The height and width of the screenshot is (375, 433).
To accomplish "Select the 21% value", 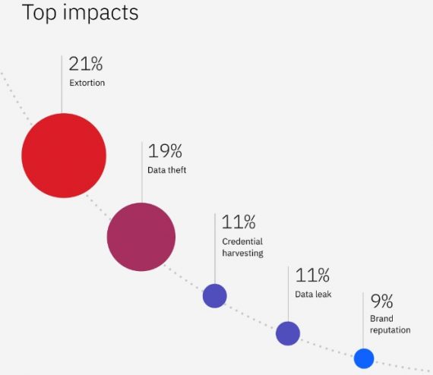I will tap(85, 65).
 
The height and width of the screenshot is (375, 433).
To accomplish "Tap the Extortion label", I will tap(87, 83).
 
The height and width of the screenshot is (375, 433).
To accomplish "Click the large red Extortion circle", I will tap(64, 156).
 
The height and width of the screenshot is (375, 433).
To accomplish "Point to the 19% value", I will tap(165, 151).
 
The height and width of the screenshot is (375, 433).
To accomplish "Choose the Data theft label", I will tap(166, 170).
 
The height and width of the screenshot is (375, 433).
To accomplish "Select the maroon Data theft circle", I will tap(141, 237).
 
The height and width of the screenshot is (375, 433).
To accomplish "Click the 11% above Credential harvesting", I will tap(239, 222).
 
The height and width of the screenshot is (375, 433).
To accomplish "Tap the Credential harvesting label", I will tap(242, 247).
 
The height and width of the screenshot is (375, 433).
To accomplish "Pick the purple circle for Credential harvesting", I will tap(215, 295).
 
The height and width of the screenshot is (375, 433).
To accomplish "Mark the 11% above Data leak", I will tap(312, 275).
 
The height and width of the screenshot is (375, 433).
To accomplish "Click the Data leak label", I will tap(313, 294).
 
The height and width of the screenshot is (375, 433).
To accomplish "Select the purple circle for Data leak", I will tap(288, 333).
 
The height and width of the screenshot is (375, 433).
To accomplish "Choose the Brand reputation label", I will tap(390, 324).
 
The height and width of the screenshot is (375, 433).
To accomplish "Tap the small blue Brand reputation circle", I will tap(364, 358).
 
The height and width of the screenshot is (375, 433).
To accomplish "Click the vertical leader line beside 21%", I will tap(62, 84).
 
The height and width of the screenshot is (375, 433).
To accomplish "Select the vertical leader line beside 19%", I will tap(141, 171).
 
